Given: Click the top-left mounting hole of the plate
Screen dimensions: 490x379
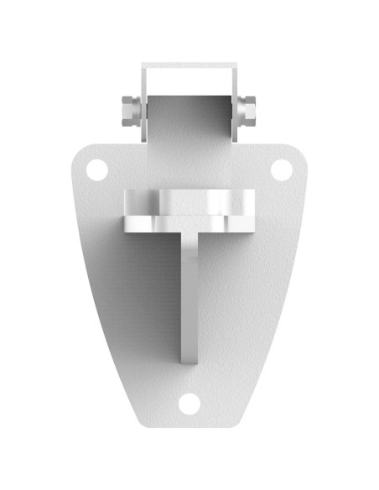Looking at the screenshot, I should tap(97, 169).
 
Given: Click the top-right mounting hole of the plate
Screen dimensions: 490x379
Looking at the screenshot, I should tap(282, 169).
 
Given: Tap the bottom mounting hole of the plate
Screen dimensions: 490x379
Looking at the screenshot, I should tap(189, 404).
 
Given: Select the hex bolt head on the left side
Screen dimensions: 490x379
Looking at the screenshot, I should tap(129, 109).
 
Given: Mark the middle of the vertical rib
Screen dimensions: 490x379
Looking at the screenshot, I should tap(189, 294).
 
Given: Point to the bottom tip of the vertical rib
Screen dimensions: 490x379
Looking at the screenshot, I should tap(189, 359).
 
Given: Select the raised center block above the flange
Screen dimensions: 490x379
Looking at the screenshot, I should tap(189, 201).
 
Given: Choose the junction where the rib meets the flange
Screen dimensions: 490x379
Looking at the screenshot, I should tap(189, 233).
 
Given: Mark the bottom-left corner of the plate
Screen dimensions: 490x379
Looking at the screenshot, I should tap(138, 420).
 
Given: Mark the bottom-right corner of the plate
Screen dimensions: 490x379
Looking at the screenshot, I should tap(241, 420).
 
